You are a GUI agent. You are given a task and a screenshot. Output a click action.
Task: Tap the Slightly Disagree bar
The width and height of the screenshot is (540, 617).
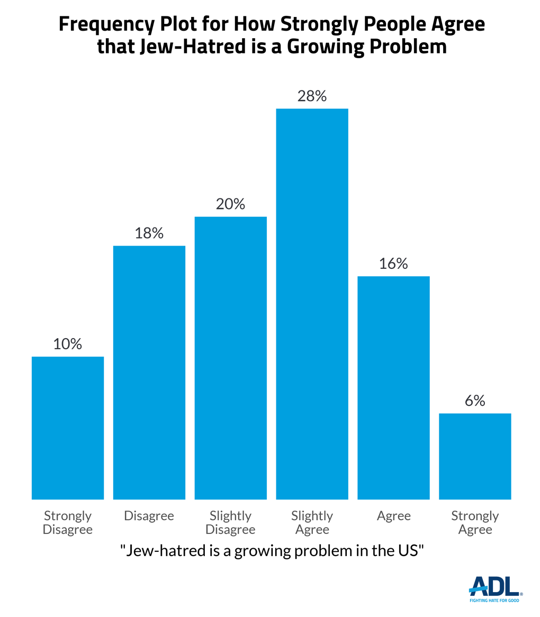230,358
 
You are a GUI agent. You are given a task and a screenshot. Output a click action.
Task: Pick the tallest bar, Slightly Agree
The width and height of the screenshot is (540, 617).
312,304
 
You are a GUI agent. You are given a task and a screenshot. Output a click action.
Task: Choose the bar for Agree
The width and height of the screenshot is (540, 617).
393,387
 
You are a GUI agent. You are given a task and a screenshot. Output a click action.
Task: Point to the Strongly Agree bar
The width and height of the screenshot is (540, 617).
475,456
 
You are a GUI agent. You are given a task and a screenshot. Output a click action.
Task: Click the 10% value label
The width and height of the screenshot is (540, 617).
68,344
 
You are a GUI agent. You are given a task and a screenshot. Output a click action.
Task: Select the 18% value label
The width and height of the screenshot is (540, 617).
149,233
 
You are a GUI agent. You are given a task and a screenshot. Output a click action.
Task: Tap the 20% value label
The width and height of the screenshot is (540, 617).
230,204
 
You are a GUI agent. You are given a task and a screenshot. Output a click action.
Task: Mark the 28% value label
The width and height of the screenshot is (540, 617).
312,96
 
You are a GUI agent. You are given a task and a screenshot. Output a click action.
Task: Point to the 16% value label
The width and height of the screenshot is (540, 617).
393,264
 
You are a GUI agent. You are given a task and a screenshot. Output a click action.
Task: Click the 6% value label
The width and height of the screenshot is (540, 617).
475,401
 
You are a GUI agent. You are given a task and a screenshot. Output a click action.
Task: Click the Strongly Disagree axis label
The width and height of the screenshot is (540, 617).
68,522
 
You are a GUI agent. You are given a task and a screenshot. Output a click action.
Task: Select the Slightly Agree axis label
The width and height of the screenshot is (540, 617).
312,522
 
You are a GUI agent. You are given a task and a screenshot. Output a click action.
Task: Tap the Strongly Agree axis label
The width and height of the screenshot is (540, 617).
475,522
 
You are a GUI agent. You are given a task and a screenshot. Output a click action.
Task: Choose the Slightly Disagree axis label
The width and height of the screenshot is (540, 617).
230,522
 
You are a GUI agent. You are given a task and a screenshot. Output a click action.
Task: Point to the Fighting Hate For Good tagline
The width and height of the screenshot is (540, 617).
494,601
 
